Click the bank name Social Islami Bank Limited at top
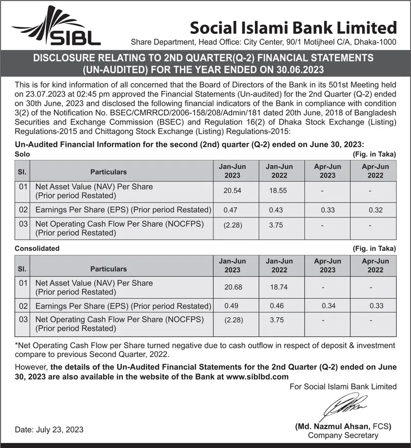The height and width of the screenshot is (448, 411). [x=293, y=27]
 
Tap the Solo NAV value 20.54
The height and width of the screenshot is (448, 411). [x=232, y=191]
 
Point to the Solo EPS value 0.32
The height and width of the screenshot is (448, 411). [x=376, y=210]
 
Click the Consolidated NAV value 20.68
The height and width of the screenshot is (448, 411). [x=232, y=286]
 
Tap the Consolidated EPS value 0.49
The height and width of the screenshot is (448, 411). [x=232, y=306]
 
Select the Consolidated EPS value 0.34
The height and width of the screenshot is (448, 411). [x=328, y=306]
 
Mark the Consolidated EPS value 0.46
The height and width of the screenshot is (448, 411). [x=277, y=306]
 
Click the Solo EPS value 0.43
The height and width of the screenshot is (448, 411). [x=276, y=210]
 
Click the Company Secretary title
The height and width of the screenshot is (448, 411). [x=343, y=436]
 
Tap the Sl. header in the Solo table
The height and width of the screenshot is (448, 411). [x=22, y=171]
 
